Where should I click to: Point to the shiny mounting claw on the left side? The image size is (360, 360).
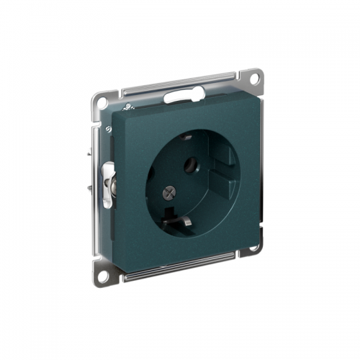tap(108, 184)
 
